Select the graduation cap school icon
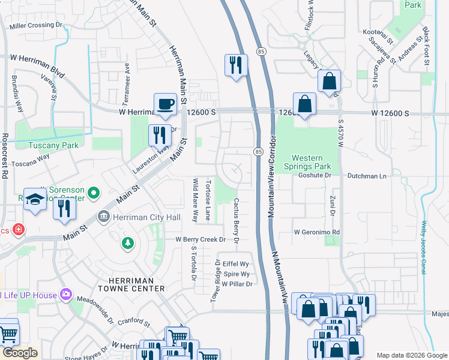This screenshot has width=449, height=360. pos(35,199)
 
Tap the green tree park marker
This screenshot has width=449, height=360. pos(127,242)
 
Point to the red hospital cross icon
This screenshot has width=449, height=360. pos(19,230)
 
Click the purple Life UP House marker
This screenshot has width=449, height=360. pos(65,295)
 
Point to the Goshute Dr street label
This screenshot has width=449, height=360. pos(315,176)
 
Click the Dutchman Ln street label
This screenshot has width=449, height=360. pos(367,176)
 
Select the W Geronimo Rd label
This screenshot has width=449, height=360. pos(317,232)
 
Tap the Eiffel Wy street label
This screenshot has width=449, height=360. pos(235,264)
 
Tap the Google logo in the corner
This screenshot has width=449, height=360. pos(20,352)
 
